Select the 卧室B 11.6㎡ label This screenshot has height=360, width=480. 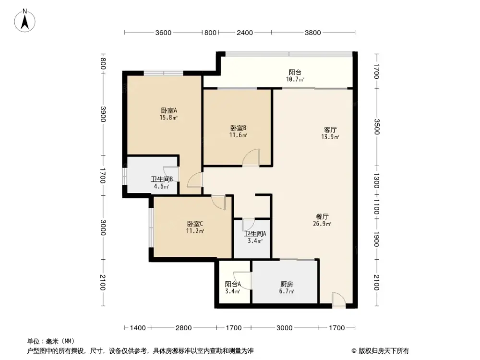[238, 132]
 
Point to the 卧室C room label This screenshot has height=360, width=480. [195, 227]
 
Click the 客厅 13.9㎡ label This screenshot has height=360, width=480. [330, 133]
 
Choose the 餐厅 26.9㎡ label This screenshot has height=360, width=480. [323, 219]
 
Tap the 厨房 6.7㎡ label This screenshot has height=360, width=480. [286, 287]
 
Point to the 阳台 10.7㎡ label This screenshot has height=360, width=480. [295, 75]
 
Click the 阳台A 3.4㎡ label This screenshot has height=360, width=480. [232, 287]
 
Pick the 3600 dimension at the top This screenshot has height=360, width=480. [163, 33]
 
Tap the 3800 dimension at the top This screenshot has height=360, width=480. [312, 33]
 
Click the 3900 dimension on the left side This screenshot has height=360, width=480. [103, 114]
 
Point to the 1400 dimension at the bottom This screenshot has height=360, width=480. [138, 328]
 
